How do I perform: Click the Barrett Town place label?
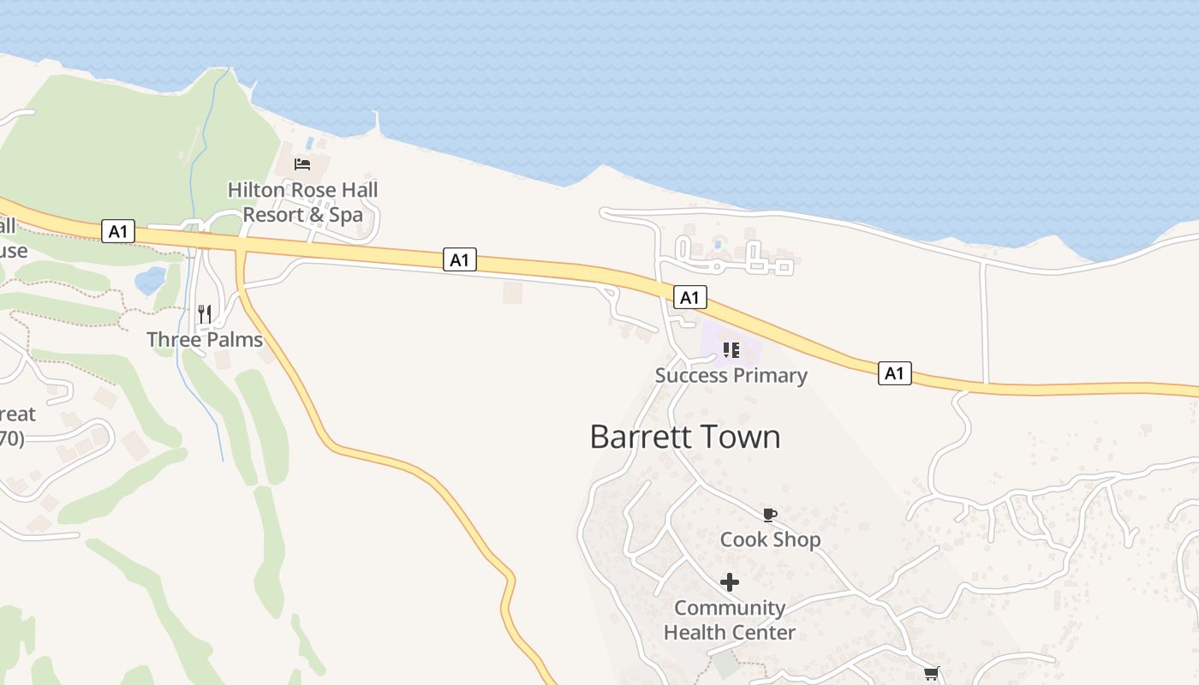[x=685, y=437]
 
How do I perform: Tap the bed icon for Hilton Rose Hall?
[x=302, y=164]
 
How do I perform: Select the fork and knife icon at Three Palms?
[x=205, y=314]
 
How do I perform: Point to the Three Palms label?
[x=205, y=339]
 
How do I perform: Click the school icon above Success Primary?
[x=731, y=349]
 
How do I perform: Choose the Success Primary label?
[x=731, y=375]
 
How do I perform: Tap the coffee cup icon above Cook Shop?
[x=770, y=515]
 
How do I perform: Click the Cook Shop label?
[x=770, y=539]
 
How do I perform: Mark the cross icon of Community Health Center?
[x=730, y=583]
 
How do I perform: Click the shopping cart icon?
[x=931, y=674]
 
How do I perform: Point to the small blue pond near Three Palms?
[x=151, y=279]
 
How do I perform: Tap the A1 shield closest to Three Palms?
[x=117, y=231]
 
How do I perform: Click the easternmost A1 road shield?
[x=894, y=373]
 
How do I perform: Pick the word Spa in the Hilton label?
[x=346, y=215]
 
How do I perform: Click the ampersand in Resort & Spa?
[x=317, y=215]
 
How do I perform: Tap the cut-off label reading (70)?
[x=11, y=439]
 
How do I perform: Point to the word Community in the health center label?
[x=730, y=608]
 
